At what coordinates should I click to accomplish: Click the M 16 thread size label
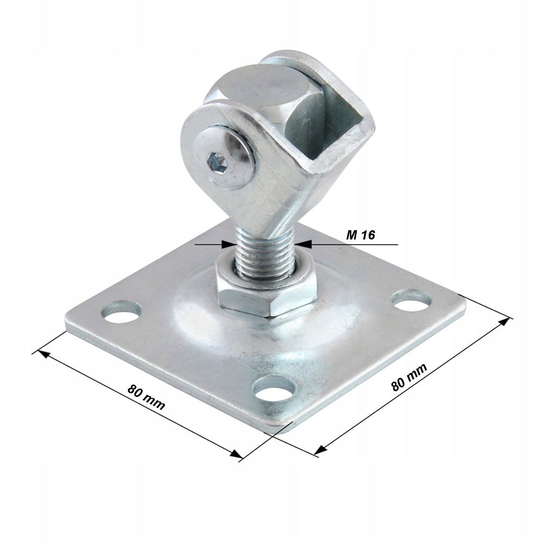coord(360,235)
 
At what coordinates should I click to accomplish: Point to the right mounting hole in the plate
coord(412,300)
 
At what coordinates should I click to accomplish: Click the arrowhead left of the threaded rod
coord(228,245)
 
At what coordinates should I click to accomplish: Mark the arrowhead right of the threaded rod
coord(302,244)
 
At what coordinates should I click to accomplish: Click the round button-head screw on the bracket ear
coord(225,157)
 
